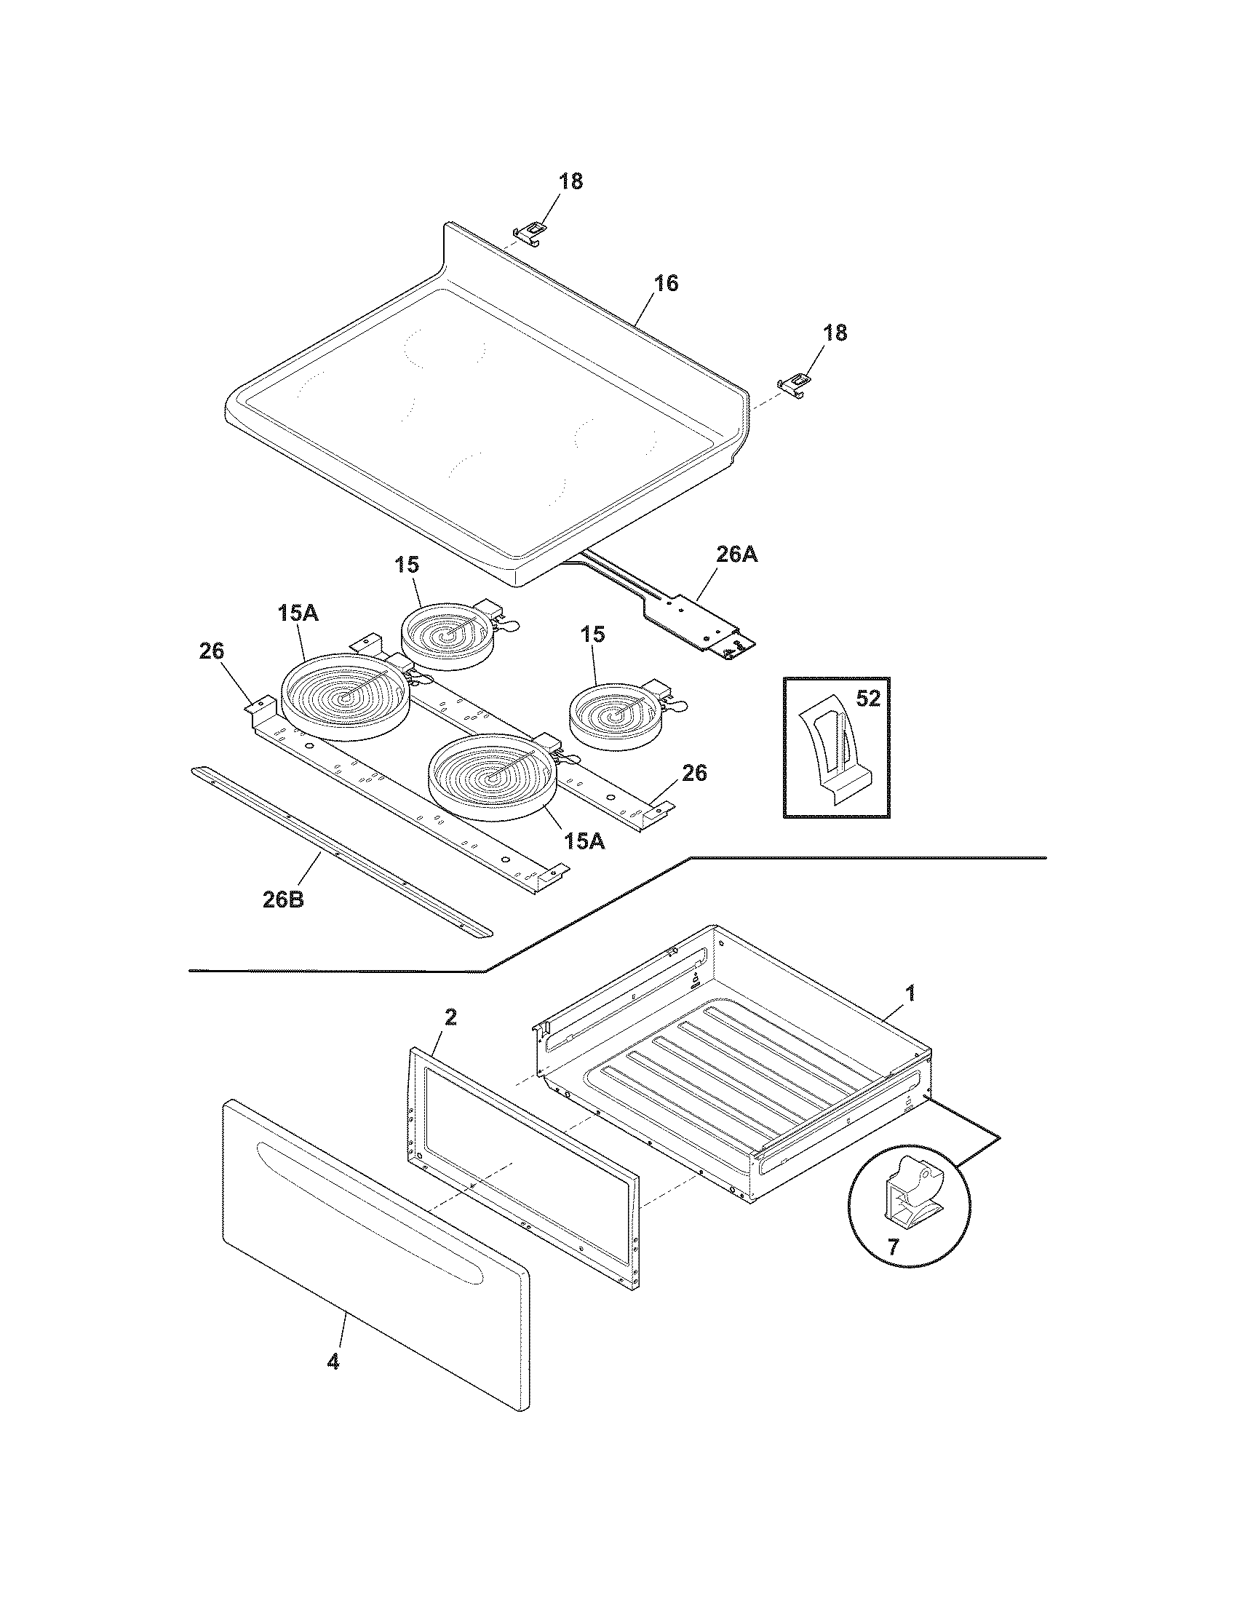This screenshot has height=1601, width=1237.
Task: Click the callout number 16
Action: pos(665,283)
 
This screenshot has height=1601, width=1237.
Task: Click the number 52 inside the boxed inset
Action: pos(867,699)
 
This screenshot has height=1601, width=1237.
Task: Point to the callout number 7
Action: pos(892,1247)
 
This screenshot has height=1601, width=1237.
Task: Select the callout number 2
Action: pos(450,1017)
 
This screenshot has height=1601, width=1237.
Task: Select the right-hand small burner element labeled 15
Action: pos(613,713)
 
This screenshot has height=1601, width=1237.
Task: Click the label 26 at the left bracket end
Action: pos(211,651)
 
